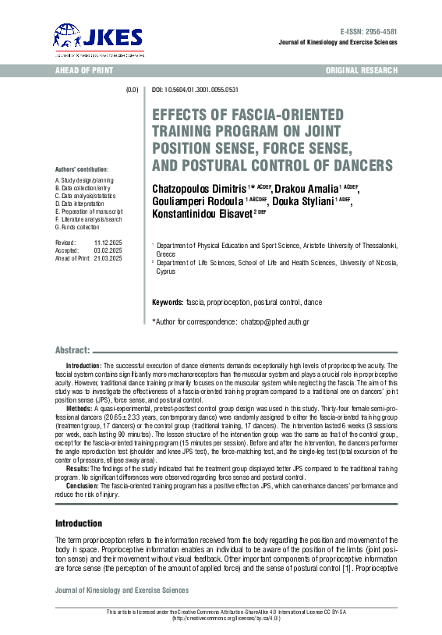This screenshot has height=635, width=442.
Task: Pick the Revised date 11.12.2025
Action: point(108,243)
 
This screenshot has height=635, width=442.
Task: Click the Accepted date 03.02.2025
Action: point(108,251)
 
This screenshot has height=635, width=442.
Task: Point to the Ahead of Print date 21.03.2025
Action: point(108,259)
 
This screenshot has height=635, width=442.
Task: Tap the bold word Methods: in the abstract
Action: point(79,408)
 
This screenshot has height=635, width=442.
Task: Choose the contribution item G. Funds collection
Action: point(77,227)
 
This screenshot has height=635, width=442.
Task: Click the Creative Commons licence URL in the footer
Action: point(221,619)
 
